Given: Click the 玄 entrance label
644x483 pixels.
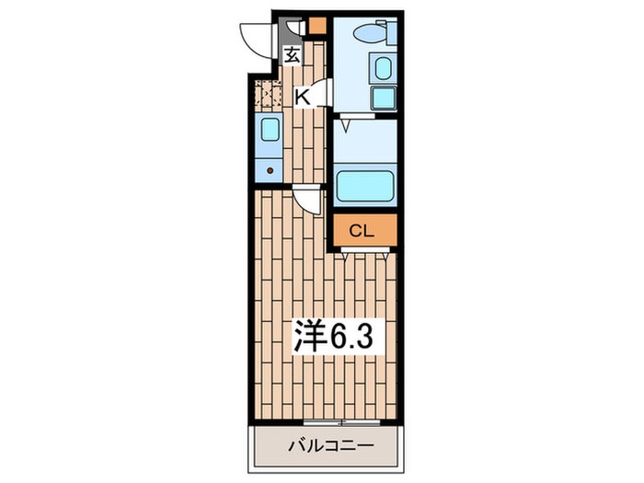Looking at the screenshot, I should (292, 55).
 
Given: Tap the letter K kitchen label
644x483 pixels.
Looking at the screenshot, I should (301, 94).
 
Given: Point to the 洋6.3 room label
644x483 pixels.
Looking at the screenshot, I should (332, 335).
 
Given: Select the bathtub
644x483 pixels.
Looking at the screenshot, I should (364, 185).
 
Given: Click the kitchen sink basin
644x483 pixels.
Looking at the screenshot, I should (269, 129).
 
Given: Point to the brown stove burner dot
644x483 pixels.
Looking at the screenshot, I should (269, 168).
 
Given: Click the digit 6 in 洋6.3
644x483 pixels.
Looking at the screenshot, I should (339, 335).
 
